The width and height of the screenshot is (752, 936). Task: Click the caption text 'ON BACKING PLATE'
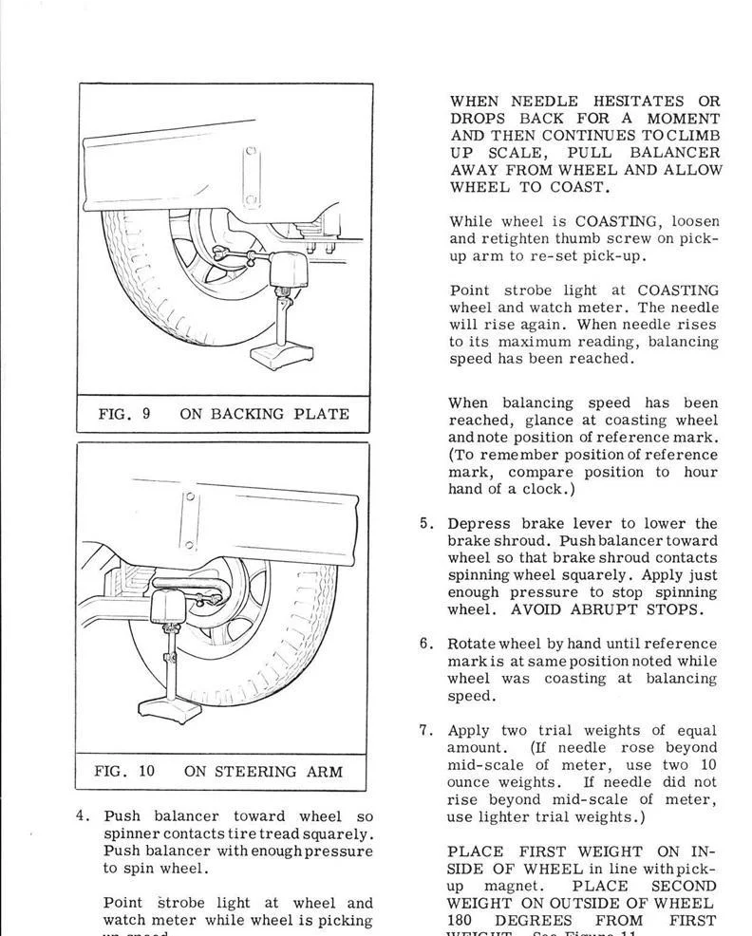click(x=264, y=414)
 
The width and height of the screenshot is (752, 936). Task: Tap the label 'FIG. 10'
click(x=124, y=771)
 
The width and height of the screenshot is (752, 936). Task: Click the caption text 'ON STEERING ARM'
click(x=263, y=771)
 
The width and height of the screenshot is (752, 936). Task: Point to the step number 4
click(x=82, y=816)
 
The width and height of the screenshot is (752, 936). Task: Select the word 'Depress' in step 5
click(x=479, y=524)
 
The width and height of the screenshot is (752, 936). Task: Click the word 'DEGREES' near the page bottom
click(x=538, y=920)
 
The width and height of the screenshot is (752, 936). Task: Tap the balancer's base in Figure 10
click(x=170, y=709)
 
